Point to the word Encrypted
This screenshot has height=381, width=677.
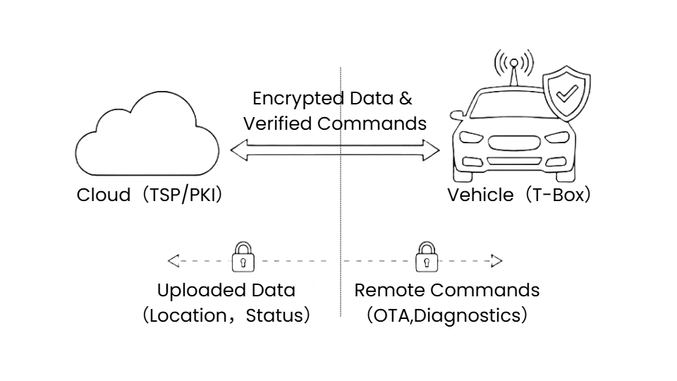[293, 99]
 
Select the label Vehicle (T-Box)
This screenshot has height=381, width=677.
[519, 195]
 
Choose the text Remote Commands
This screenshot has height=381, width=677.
[447, 291]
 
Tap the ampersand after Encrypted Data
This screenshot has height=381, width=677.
[405, 99]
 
